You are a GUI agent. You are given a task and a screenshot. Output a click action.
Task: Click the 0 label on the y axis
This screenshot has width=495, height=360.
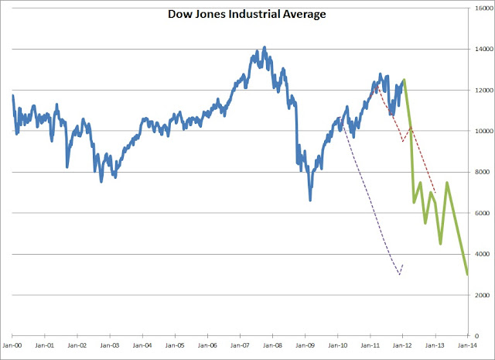coord(487,336)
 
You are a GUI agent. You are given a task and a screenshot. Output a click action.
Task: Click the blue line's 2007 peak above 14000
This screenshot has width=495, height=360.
coord(265,47)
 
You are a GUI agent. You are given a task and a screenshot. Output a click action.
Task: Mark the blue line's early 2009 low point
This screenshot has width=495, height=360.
coord(310,200)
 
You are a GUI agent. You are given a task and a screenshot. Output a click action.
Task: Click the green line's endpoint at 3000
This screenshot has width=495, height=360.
coord(467,274)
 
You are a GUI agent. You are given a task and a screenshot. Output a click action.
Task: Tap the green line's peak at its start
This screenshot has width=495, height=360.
coord(405,79)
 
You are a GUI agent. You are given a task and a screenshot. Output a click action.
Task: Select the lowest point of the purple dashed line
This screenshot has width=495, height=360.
coord(399,275)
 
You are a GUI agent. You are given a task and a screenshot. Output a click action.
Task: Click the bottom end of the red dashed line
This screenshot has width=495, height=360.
coord(436,193)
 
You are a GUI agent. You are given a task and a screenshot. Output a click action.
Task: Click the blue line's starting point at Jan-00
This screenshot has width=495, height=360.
coord(12,95)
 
